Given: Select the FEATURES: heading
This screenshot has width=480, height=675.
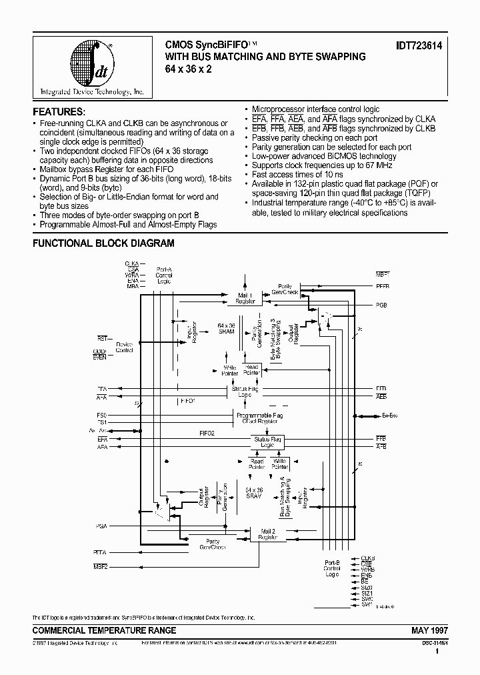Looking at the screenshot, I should point(59,111).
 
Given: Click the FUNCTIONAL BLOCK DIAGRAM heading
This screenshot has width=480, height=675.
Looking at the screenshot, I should point(103,243).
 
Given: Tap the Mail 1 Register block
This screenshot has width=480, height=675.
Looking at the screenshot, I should point(245,298).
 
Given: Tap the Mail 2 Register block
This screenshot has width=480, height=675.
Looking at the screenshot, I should point(268,533).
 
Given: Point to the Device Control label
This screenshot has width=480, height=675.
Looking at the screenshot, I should point(124,346).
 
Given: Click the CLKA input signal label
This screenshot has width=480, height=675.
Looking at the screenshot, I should point(131,264).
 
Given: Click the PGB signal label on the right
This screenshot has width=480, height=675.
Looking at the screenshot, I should point(381,304).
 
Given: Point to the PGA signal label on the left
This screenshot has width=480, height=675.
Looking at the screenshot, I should point(101,526).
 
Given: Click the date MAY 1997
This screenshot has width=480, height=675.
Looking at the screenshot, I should point(421,630).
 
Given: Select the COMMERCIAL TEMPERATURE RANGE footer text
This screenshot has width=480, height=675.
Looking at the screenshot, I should point(105,630).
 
